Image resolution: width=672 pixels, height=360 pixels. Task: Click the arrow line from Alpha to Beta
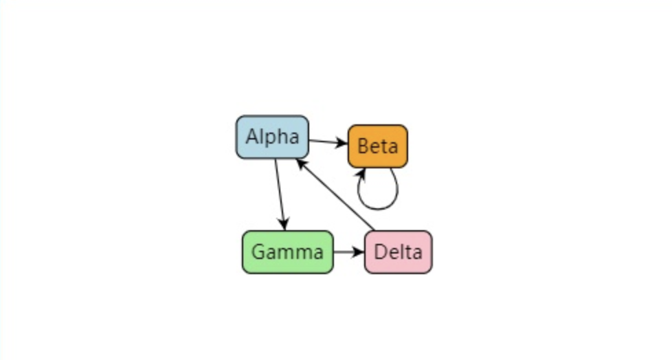tap(326, 142)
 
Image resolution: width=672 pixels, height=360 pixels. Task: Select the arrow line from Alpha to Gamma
tap(279, 192)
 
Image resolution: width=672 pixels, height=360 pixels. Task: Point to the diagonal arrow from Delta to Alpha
tap(337, 195)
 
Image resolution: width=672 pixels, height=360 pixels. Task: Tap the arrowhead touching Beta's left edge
tap(343, 144)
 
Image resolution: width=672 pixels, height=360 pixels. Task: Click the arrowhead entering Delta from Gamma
tap(359, 252)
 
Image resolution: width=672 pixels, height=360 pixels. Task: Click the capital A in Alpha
tap(251, 137)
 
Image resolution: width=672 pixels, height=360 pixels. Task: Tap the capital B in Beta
tap(363, 146)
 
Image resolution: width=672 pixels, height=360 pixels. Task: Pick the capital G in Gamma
tap(258, 252)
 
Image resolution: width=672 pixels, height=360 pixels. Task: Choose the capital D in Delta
tap(380, 252)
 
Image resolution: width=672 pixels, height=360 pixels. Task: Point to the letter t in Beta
tap(384, 146)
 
